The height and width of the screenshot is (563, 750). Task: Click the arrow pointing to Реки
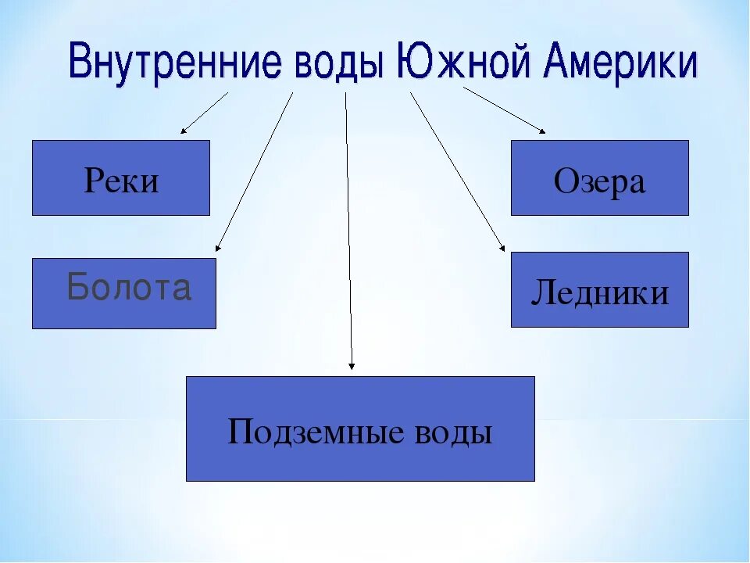point(205,113)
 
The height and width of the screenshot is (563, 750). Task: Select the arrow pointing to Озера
point(505,109)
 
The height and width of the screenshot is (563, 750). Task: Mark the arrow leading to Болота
point(254,172)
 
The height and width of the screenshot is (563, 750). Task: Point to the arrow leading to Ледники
point(457,172)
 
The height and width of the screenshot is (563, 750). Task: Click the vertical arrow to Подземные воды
point(348,235)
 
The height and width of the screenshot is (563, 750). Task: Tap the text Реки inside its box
point(121,181)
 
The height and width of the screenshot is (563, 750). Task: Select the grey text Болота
point(129,288)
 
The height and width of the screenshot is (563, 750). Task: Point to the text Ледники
point(599,293)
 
